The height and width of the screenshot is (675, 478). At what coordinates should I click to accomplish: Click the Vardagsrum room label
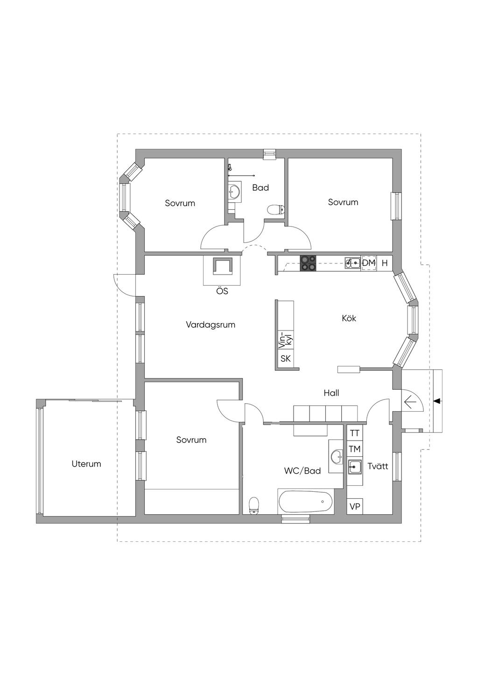(211, 325)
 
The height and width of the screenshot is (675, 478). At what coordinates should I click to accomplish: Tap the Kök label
(349, 318)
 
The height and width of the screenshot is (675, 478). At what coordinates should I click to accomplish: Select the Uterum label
(86, 464)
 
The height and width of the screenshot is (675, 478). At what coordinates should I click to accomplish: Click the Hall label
(331, 393)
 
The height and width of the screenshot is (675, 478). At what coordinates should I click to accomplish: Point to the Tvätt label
(378, 466)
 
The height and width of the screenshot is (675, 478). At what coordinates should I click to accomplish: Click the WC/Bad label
(302, 471)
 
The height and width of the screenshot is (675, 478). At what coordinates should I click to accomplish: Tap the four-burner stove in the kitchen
(308, 263)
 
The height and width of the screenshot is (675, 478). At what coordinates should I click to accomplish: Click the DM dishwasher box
(369, 263)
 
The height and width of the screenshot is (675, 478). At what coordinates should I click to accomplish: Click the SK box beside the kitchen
(286, 358)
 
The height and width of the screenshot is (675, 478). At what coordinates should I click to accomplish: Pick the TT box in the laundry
(355, 433)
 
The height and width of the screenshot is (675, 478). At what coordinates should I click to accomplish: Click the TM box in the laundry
(355, 449)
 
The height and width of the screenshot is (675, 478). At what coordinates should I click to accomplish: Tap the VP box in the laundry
(355, 507)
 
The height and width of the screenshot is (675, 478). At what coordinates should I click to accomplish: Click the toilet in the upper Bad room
(276, 210)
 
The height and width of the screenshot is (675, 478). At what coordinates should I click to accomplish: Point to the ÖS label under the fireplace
(222, 291)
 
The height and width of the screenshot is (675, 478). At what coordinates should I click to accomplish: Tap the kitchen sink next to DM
(353, 263)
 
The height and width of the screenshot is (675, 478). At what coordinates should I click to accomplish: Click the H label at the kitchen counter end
(385, 263)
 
